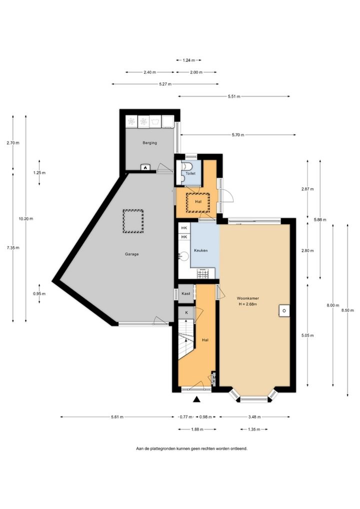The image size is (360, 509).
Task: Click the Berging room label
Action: [x=149, y=142]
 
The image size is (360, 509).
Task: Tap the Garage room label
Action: [x=132, y=254]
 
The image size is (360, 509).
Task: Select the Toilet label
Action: [x=190, y=173]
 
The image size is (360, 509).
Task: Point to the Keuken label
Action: [x=200, y=250]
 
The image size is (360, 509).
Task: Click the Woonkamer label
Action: [x=247, y=298]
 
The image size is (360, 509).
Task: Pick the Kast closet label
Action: [x=186, y=293]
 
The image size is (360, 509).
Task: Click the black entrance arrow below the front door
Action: [x=196, y=399]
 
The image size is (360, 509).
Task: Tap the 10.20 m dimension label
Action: [x=26, y=219]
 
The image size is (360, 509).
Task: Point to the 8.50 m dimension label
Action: [x=347, y=310]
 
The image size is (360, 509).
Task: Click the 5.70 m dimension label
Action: [x=238, y=135]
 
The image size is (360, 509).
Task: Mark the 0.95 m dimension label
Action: [x=39, y=294]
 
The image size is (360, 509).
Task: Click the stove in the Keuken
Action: [x=203, y=273]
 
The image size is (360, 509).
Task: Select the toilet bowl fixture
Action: [x=187, y=166]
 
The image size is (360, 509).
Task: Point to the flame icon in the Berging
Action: [x=145, y=167]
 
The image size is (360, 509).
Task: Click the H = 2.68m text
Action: [x=247, y=304]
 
